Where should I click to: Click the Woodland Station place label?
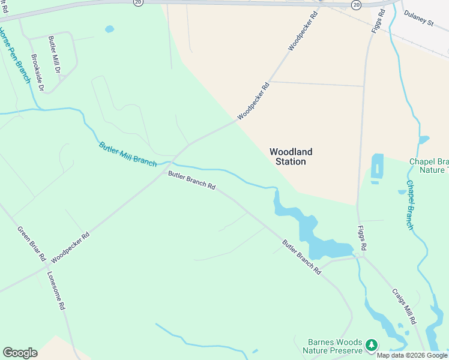coord(291,157)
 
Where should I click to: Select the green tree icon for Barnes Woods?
coord(372,344)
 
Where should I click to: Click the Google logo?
coord(20,353)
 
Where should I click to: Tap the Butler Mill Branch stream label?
coord(128,155)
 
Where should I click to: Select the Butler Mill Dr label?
coord(55,54)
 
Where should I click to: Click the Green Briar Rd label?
coord(31,243)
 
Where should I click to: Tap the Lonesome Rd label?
coord(56,290)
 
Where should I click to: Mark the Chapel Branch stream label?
coord(409,205)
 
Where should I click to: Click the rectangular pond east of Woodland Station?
coord(377,166)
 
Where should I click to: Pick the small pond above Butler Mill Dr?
coord(109,29)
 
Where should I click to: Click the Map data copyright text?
coord(412,355)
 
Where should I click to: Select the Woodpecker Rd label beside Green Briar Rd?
coord(70,247)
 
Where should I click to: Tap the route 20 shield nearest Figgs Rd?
coord(357,4)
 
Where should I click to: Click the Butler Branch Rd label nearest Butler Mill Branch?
coord(191,181)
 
